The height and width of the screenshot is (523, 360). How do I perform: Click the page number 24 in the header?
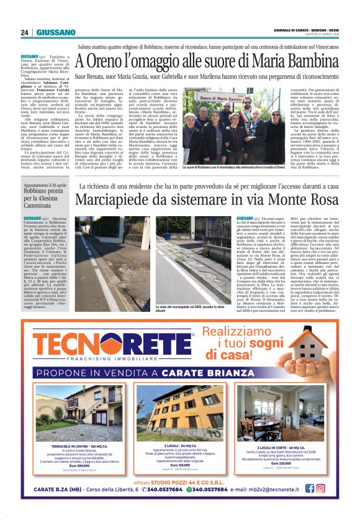point(25,32)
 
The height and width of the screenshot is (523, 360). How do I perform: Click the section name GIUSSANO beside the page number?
point(55,32)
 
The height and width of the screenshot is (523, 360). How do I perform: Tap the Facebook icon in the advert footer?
point(317,488)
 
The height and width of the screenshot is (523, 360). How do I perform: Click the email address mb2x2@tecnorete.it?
point(277,489)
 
